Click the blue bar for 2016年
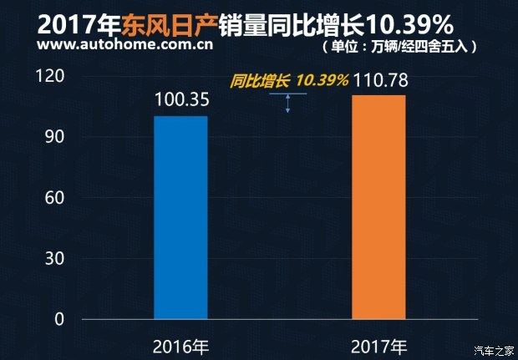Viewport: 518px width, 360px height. [x=180, y=217]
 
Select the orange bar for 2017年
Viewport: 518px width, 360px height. [x=378, y=206]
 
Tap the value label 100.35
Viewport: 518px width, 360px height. [x=181, y=101]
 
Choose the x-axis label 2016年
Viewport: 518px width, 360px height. [x=181, y=345]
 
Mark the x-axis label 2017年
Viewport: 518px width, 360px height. [x=378, y=345]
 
